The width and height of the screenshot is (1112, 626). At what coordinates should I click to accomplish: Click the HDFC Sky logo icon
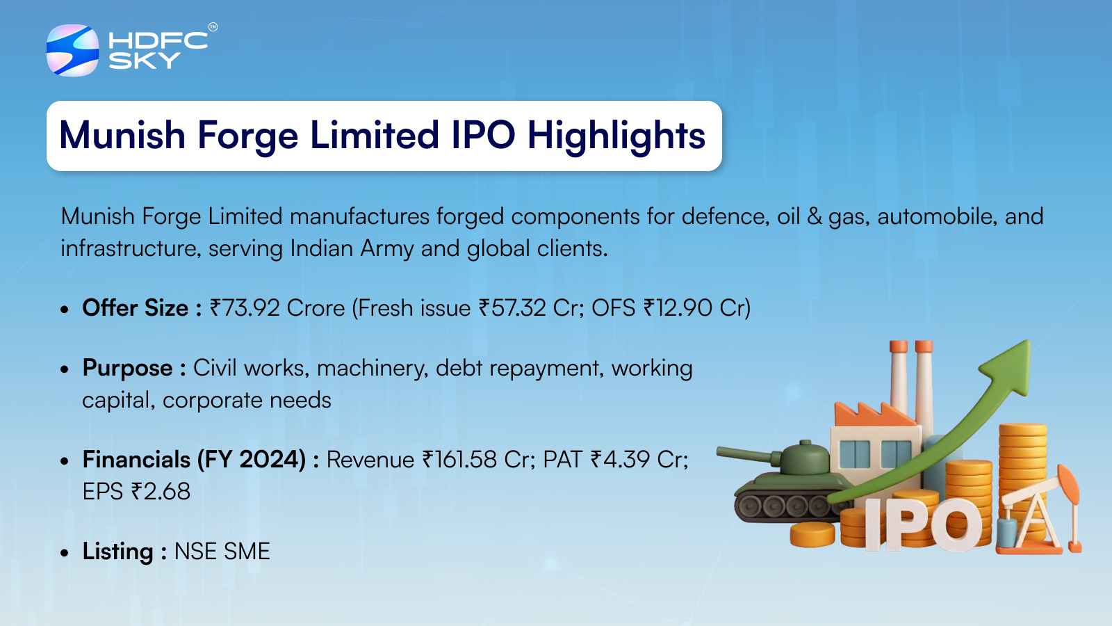pyautogui.click(x=72, y=50)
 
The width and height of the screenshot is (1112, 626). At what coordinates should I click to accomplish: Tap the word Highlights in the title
pyautogui.click(x=616, y=136)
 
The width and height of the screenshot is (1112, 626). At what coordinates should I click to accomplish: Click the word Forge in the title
pyautogui.click(x=247, y=136)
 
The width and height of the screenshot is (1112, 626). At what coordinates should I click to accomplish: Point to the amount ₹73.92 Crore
pyautogui.click(x=277, y=308)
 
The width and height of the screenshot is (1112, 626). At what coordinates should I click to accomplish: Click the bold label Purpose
pyautogui.click(x=128, y=369)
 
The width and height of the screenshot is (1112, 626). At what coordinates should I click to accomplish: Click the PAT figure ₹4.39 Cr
pyautogui.click(x=639, y=460)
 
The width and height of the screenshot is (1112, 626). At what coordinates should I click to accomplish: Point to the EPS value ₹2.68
pyautogui.click(x=161, y=492)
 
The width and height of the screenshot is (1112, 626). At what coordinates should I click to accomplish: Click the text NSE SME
pyautogui.click(x=222, y=552)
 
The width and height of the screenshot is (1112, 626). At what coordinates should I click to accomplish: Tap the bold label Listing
pyautogui.click(x=117, y=552)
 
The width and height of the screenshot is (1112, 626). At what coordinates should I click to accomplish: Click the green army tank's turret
pyautogui.click(x=804, y=456)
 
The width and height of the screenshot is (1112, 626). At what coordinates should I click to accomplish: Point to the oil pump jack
pyautogui.click(x=1040, y=512)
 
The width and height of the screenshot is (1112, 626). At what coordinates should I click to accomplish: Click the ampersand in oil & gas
pyautogui.click(x=814, y=216)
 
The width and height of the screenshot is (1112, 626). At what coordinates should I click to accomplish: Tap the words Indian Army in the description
pyautogui.click(x=352, y=248)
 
